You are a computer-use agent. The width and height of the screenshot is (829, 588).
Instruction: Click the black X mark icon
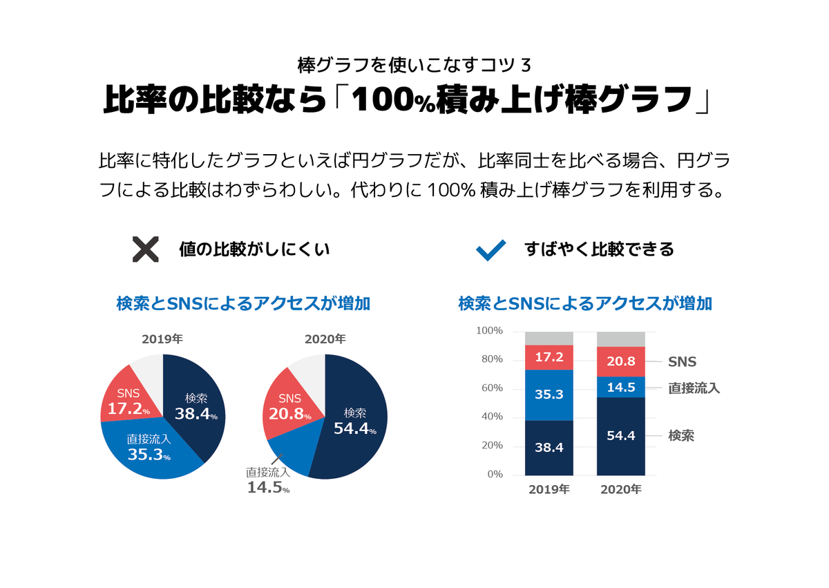coord(145,249)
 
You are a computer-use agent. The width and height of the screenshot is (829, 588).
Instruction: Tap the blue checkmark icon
coord(491,249)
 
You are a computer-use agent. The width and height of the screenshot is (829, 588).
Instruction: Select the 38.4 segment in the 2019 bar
coord(549,447)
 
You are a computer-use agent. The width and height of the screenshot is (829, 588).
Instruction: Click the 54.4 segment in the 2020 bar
coord(621,436)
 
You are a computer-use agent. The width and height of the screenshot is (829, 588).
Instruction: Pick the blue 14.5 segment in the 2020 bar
coord(621,387)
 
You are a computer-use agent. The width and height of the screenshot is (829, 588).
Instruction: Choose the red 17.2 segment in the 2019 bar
coord(549,357)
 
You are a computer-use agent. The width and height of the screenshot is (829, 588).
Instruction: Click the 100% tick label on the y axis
coord(489,331)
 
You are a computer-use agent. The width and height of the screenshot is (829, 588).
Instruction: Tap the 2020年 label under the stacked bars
coord(621,489)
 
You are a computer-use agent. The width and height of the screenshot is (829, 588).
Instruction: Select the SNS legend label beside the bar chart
coord(682,361)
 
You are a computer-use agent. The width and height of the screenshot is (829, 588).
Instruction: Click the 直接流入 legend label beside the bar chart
coord(694,388)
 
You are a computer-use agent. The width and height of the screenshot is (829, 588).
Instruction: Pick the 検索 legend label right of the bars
coord(681,436)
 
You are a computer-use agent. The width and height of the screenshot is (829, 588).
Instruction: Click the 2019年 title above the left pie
coord(162,339)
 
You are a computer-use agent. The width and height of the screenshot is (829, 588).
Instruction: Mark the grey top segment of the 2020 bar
coord(621,339)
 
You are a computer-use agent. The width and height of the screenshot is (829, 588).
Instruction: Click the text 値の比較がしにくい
coord(254,249)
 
